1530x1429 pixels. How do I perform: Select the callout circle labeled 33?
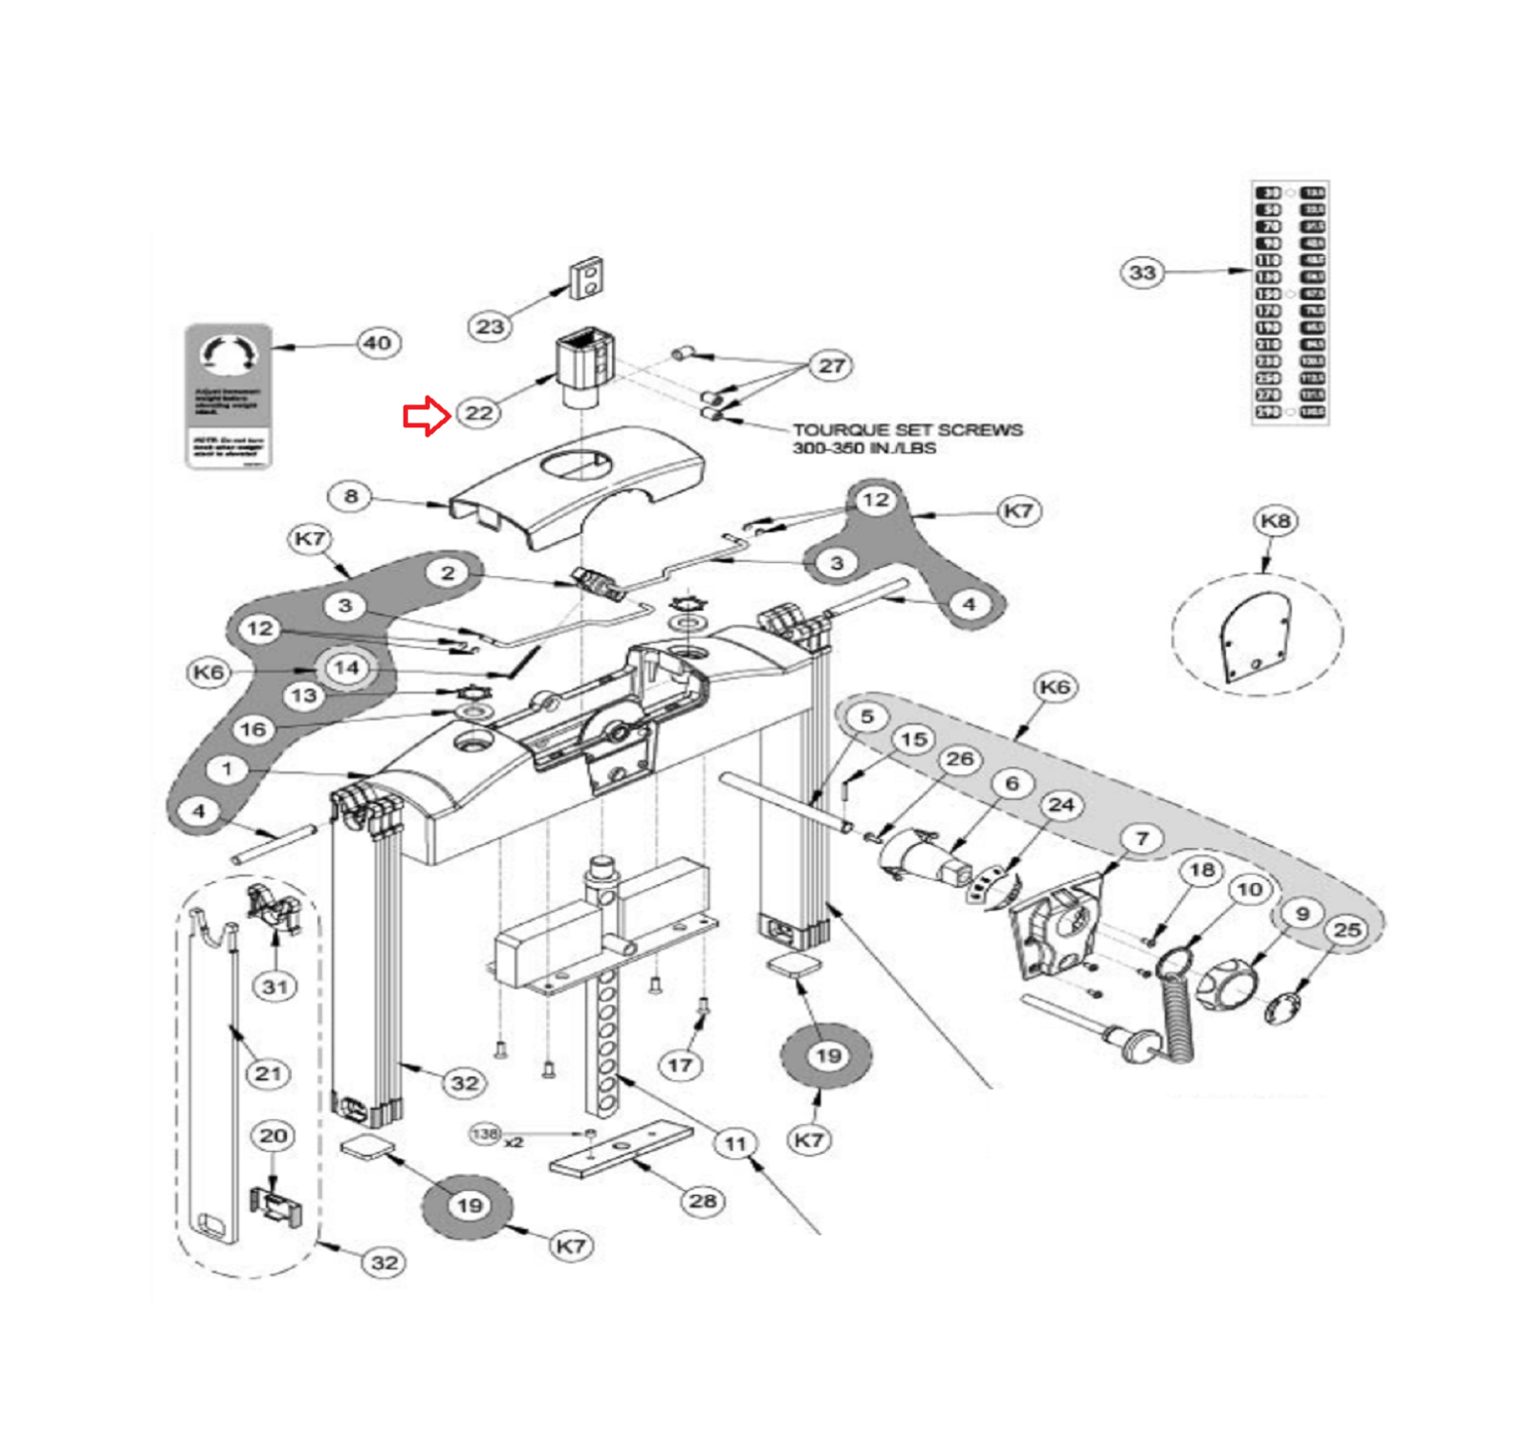tap(1142, 272)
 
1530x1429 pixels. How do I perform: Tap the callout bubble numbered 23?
tap(490, 327)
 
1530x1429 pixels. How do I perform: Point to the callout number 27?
tap(831, 365)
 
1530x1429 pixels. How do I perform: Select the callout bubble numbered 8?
tap(350, 496)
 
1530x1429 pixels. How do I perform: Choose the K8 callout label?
tap(1275, 521)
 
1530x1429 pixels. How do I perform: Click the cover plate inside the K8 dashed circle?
tap(1256, 638)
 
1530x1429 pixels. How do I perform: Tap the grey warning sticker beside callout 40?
tap(229, 396)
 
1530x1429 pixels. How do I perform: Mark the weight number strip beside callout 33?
tap(1290, 302)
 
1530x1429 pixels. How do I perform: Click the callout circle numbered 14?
tap(346, 668)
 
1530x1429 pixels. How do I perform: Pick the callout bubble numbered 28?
tap(703, 1201)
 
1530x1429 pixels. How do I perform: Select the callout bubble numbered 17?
tap(680, 1065)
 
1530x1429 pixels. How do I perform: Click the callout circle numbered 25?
tap(1346, 929)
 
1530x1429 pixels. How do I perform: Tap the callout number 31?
tap(275, 986)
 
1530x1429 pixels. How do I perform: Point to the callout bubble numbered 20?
tap(273, 1136)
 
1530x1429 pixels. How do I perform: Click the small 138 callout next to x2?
tap(485, 1135)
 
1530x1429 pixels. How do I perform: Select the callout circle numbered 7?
tap(1142, 838)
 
